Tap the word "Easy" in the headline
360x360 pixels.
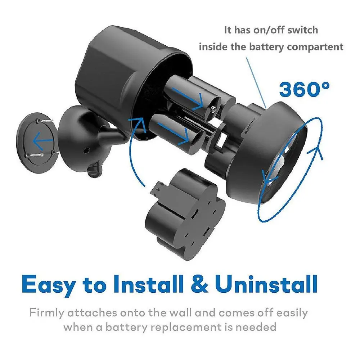click(49, 284)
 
